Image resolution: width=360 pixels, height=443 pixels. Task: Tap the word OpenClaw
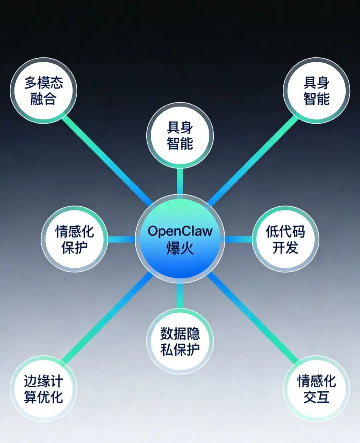[180, 231]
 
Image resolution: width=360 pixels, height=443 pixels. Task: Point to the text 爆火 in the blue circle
[180, 248]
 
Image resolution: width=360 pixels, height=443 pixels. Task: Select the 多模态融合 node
[43, 91]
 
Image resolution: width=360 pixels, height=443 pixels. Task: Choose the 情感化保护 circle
[74, 239]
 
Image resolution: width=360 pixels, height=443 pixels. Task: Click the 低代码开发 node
[285, 239]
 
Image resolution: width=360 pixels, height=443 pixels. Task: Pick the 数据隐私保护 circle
[180, 341]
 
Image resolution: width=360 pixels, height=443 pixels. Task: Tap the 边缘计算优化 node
[43, 389]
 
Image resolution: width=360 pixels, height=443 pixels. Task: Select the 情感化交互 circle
[316, 389]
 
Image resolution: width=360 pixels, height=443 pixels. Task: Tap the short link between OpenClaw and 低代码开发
[238, 239]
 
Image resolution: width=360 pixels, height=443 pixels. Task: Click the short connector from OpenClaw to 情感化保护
[121, 239]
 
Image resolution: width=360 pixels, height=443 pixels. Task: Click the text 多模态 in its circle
[43, 83]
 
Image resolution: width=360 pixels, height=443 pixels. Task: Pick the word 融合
[43, 99]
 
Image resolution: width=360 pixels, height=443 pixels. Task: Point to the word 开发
[285, 247]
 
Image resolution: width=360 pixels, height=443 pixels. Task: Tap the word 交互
[316, 397]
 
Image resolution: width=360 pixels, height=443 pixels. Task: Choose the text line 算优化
[43, 397]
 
